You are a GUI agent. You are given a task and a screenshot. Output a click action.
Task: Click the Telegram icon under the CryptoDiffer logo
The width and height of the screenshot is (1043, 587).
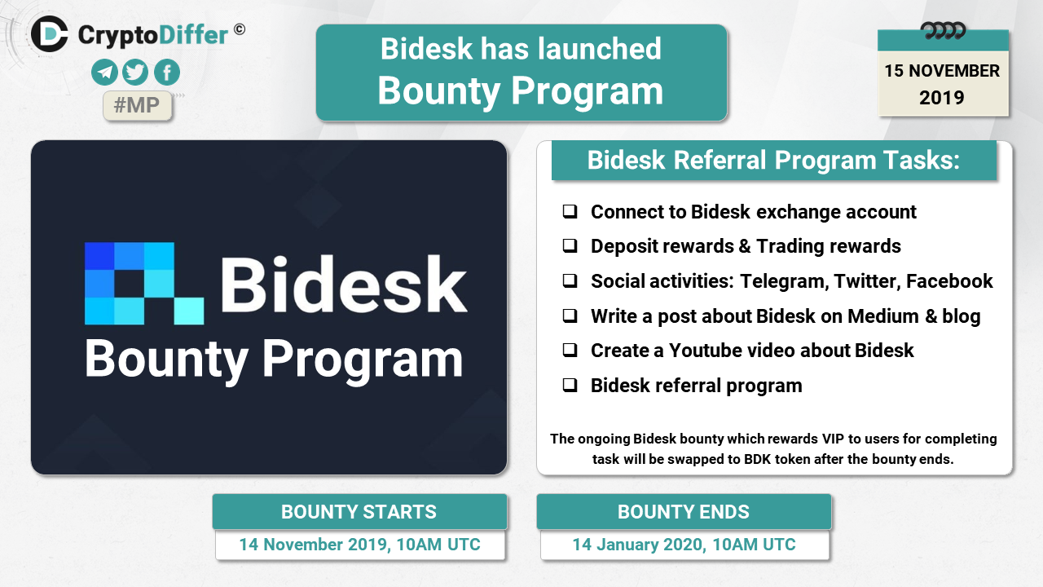coord(104,73)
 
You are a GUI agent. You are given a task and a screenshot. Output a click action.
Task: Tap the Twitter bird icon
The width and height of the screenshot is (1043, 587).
coord(135,73)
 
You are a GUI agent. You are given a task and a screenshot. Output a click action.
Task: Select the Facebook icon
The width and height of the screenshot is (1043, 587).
coord(167,73)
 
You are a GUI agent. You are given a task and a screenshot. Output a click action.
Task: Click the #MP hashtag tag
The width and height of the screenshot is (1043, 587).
coord(138,105)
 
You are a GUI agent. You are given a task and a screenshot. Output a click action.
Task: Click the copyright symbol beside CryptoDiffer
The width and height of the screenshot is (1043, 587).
coord(240,30)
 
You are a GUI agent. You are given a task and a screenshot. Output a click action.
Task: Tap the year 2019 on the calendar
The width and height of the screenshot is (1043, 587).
coord(941,98)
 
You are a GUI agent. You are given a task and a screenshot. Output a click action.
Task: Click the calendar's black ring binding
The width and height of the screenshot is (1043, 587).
coord(943,31)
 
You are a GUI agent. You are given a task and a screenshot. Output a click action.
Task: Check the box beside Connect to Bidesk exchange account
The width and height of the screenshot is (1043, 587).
coord(570,211)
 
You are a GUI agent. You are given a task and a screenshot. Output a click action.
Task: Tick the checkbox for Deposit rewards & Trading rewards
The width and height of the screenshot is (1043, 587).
coord(570,245)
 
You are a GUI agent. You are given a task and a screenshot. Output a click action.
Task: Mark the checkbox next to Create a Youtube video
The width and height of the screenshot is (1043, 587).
coord(570,350)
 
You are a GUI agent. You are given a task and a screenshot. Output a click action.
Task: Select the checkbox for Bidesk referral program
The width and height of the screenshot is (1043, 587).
coord(570,386)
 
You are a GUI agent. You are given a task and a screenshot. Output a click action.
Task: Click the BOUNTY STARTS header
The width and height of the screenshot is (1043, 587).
coord(359,511)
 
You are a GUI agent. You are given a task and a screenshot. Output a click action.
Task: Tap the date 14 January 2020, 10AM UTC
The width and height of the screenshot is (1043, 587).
coord(684,545)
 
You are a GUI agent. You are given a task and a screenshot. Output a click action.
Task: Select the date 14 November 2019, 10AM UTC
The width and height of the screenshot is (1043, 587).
coord(359,545)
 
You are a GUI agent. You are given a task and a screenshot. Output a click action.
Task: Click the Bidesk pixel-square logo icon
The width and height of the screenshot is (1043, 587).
coord(144,283)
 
